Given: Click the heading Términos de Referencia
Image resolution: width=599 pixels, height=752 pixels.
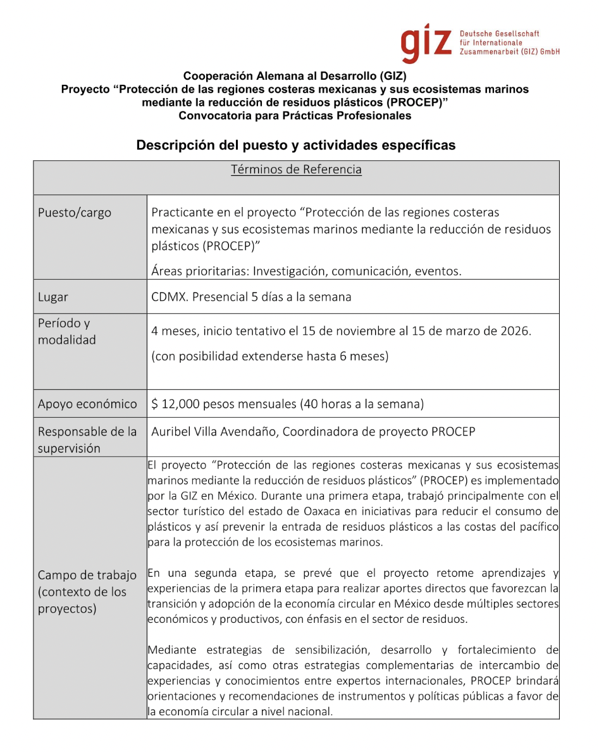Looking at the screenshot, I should (x=296, y=170).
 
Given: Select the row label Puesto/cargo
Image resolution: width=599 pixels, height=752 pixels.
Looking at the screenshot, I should (x=75, y=213).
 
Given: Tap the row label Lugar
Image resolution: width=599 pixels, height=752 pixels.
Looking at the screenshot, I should (x=53, y=297).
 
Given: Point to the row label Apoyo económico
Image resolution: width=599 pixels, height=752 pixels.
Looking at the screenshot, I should (x=87, y=404).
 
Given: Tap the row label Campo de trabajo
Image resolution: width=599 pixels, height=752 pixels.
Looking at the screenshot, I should (x=87, y=575).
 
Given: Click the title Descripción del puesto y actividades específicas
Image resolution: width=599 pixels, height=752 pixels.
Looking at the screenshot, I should (x=296, y=146).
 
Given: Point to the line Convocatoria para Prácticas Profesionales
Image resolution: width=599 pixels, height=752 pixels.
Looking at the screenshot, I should (x=295, y=116).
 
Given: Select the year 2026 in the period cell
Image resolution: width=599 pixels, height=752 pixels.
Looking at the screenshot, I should (x=514, y=330).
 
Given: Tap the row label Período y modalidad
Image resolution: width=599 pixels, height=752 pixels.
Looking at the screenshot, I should (x=67, y=331).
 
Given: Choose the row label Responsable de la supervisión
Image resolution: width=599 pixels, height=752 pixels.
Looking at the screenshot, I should (x=87, y=440).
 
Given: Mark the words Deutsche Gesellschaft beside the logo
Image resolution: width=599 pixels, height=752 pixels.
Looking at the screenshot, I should (x=500, y=34).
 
